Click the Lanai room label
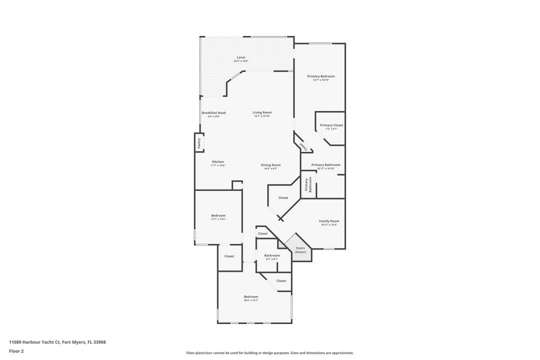[241, 57]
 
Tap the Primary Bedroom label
[320, 76]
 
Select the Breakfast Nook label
[214, 112]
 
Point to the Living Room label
[262, 112]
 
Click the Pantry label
[199, 142]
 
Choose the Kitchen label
[217, 161]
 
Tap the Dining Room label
[270, 164]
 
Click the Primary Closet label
[331, 125]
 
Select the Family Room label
[329, 221]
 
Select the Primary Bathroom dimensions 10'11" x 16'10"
[325, 168]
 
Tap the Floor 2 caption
[16, 351]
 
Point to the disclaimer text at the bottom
[269, 352]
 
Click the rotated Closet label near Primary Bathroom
[303, 145]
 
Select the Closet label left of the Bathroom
[229, 256]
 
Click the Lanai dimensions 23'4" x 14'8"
[241, 61]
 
